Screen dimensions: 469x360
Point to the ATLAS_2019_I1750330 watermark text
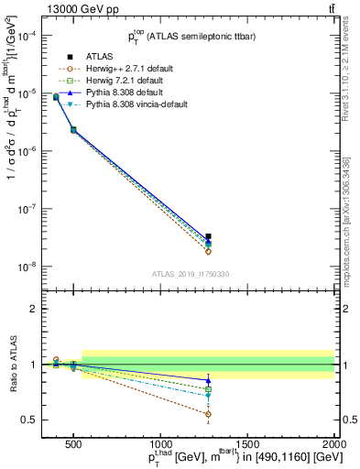pyautogui.click(x=190, y=274)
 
